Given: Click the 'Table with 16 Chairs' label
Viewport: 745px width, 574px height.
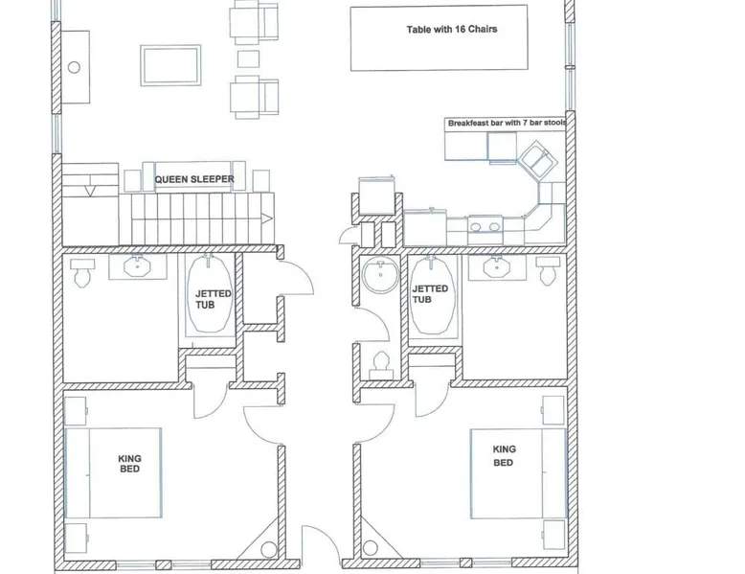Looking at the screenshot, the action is [x=452, y=30].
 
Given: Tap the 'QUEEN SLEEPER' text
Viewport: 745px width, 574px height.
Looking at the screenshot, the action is [x=194, y=179].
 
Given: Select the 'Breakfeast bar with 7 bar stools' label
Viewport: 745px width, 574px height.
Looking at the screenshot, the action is [x=507, y=123].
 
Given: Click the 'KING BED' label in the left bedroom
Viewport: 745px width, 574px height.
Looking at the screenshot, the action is [x=129, y=464].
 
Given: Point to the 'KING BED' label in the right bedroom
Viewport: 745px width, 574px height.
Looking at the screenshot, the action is [x=504, y=455].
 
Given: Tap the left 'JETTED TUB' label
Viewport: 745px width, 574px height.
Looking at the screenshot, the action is [x=213, y=299].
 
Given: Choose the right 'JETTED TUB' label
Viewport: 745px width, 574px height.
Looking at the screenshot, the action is [x=430, y=294].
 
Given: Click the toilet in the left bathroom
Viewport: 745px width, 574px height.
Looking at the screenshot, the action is [x=82, y=272].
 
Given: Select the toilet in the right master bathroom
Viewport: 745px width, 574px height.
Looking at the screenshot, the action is [x=548, y=271].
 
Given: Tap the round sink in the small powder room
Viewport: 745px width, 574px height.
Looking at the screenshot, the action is [x=380, y=275].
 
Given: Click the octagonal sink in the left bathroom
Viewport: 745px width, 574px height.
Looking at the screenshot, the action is [x=137, y=266].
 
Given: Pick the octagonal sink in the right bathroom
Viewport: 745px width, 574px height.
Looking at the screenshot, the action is [x=497, y=266].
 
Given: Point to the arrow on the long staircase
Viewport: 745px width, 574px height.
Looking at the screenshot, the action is [x=267, y=218].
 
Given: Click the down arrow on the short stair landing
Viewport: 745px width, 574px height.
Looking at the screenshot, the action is [x=90, y=192].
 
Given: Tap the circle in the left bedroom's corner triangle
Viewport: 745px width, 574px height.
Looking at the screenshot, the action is [x=268, y=550].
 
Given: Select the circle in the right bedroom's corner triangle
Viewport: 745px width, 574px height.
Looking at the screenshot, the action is [x=371, y=548].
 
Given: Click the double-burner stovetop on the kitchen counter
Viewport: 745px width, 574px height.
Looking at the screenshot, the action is [x=485, y=226].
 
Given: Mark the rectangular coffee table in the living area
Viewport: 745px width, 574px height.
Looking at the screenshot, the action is [x=170, y=65].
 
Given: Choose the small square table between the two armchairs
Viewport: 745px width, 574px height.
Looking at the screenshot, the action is [x=248, y=59].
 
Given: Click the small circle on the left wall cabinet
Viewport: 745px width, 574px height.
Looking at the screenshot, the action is [x=74, y=67].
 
